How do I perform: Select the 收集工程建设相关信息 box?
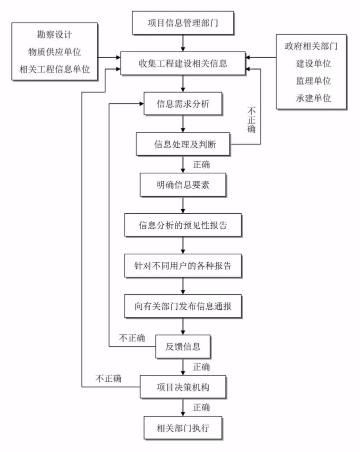183,64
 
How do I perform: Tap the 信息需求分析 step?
183,104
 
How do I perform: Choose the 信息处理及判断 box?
183,145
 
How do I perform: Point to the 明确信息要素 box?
183,185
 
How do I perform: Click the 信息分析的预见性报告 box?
183,225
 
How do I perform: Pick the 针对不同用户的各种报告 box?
183,265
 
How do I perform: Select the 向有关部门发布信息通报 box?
183,305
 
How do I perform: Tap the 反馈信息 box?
183,346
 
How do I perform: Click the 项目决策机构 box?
183,387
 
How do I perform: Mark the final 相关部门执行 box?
183,427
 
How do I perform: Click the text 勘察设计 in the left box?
54,36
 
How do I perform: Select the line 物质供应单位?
54,52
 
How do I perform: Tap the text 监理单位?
314,81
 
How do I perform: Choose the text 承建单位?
314,98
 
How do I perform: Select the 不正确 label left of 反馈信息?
132,338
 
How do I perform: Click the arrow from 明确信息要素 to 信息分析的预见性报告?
183,205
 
